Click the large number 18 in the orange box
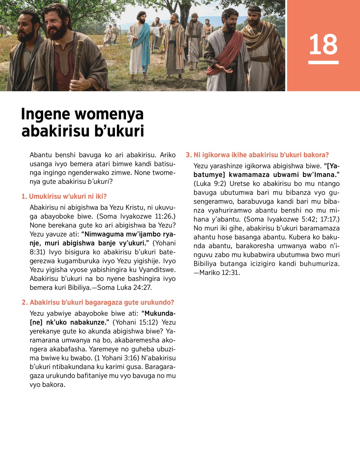point(323,44)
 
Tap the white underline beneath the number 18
point(323,62)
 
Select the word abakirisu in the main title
point(55,131)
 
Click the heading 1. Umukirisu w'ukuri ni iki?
point(64,197)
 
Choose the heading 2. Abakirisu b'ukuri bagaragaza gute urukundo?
point(98,302)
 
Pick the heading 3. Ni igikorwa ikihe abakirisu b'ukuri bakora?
point(257,155)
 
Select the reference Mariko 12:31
point(219,273)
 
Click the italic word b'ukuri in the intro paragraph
point(98,182)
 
